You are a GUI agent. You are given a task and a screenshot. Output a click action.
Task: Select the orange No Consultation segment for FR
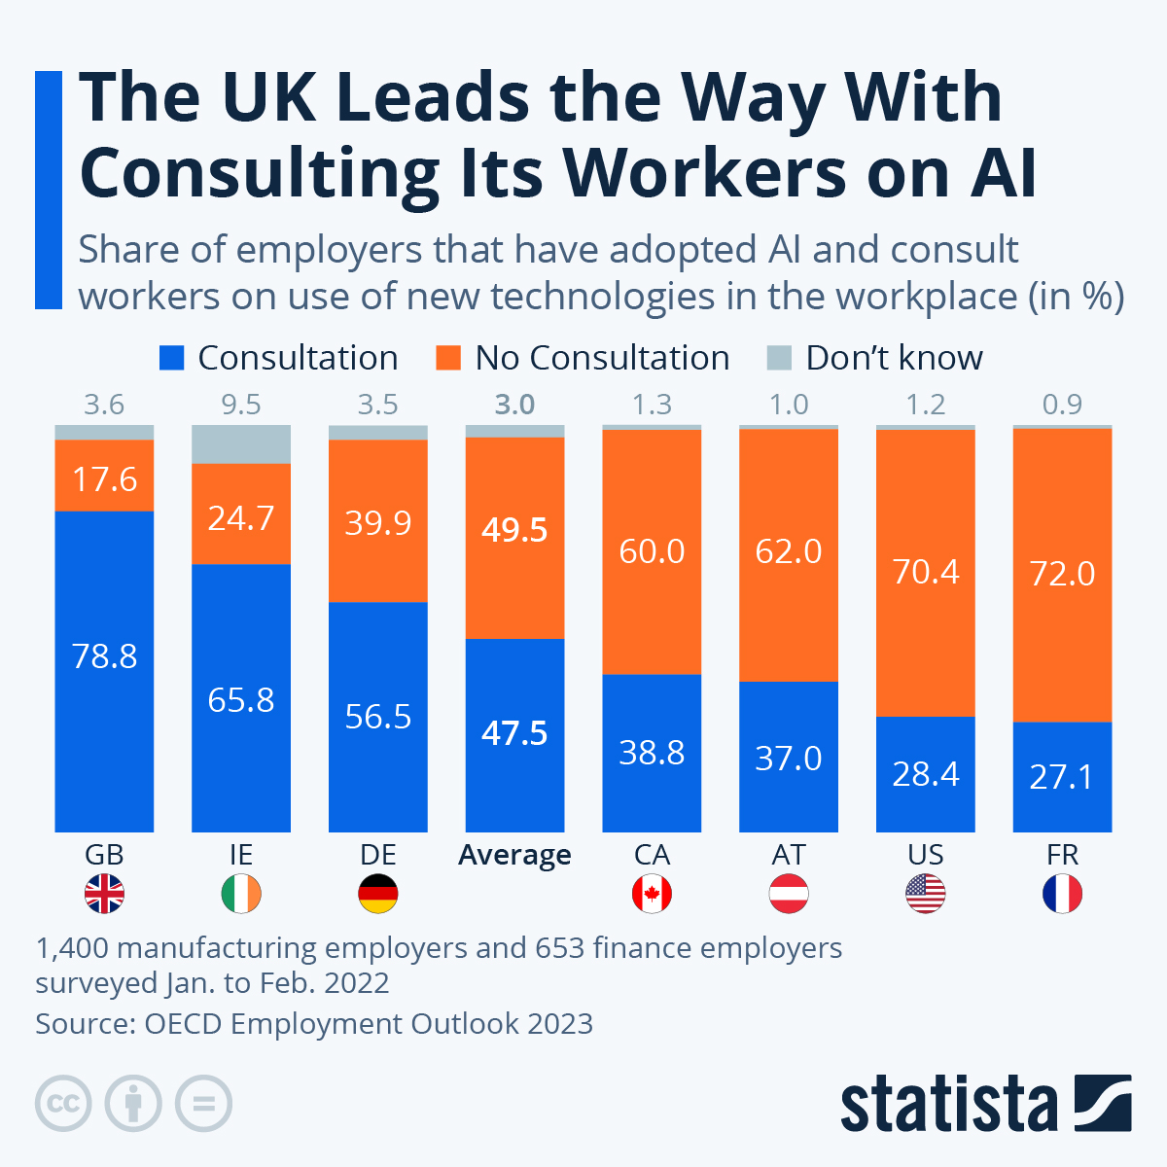coord(1062,574)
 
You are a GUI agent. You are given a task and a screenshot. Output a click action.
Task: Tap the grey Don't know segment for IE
coord(241,444)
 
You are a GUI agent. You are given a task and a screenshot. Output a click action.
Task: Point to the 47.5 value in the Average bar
coord(514,733)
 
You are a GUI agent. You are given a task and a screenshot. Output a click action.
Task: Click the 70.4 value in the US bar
coord(926,572)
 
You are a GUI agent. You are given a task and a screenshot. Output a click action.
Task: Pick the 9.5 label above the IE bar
coord(241,405)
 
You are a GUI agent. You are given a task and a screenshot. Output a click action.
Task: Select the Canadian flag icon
coord(652,894)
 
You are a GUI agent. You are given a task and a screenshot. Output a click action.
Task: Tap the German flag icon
coord(378,894)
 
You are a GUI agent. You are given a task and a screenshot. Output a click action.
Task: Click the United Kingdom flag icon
coord(104,894)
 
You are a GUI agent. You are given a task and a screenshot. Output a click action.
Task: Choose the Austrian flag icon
coord(789,894)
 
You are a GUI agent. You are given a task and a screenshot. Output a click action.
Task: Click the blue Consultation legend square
coord(171,358)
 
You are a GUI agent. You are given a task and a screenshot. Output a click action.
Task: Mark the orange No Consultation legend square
coord(448,358)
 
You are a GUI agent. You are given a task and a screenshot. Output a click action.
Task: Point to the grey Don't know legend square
coord(779,358)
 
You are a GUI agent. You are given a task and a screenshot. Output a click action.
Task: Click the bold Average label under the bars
coord(514,855)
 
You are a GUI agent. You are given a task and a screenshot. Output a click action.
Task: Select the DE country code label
coord(378,855)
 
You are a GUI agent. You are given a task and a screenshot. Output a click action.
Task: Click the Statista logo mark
coord(1103,1103)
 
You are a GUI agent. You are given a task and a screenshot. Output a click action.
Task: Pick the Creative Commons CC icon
coord(63,1104)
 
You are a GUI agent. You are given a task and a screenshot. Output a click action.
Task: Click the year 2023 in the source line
coord(560,1024)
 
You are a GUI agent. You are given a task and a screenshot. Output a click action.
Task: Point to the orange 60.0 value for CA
coord(652,551)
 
